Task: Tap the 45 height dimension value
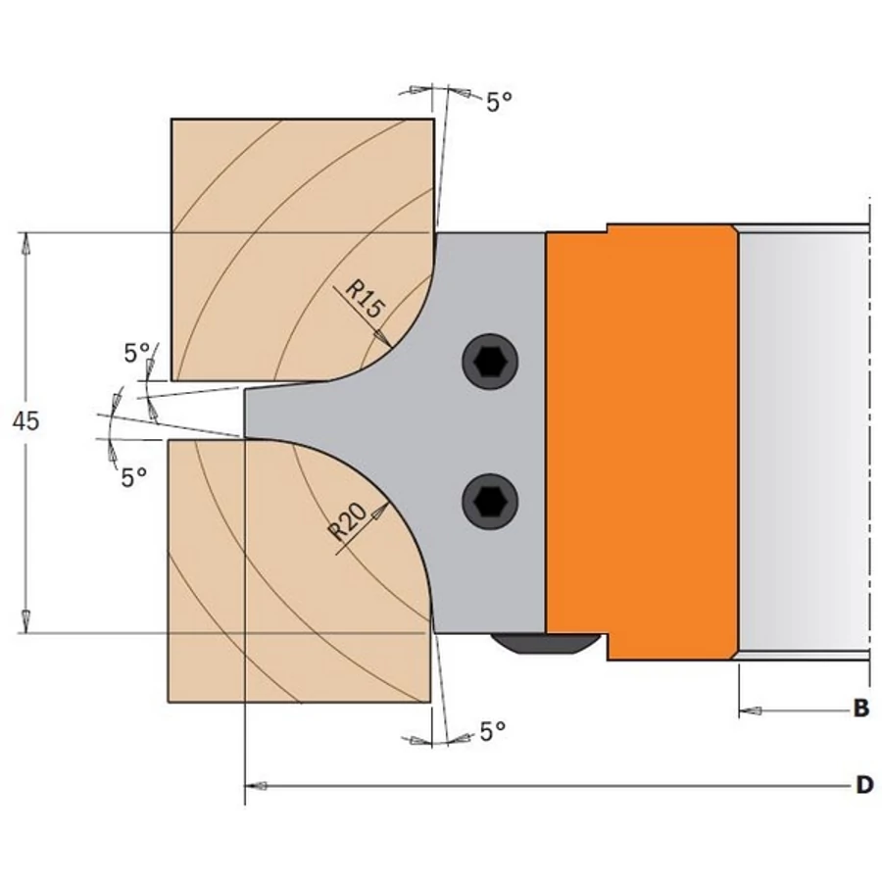coord(26,421)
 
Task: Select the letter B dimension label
coord(860,709)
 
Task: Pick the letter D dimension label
coord(863,785)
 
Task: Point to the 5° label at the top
coord(499,102)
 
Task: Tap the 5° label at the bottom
coord(493,731)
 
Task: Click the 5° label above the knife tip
coord(137,353)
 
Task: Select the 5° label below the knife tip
coord(134,476)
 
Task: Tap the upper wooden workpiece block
coord(294,245)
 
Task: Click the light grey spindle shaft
coord(804,441)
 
